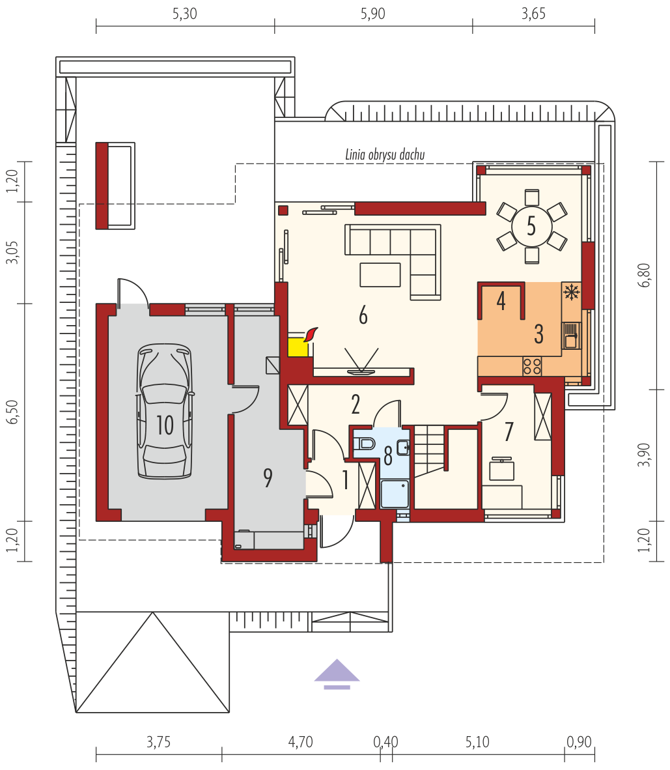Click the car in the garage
coord(165,410)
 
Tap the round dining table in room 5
coord(531,227)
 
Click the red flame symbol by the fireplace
coord(311,334)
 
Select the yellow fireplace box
coord(298,347)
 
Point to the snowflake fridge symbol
coord(571,292)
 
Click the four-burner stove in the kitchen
coord(532,366)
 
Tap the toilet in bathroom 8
coord(364,444)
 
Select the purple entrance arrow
coord(337,674)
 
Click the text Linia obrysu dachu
coord(385,154)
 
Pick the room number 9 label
coord(268,478)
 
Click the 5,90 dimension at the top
coord(373,14)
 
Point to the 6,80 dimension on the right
coord(645,276)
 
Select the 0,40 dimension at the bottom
coord(386,741)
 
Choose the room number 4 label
coord(501,301)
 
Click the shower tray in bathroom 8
coord(395,494)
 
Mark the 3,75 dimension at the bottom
coord(158,741)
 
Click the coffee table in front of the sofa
coord(380,274)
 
